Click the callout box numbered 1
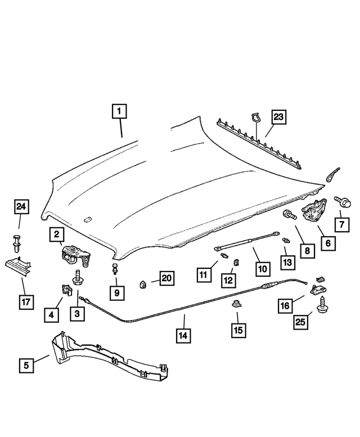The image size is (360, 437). [118, 111]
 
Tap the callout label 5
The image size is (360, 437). [26, 365]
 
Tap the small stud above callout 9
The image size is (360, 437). [115, 268]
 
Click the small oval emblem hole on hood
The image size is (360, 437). [87, 220]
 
